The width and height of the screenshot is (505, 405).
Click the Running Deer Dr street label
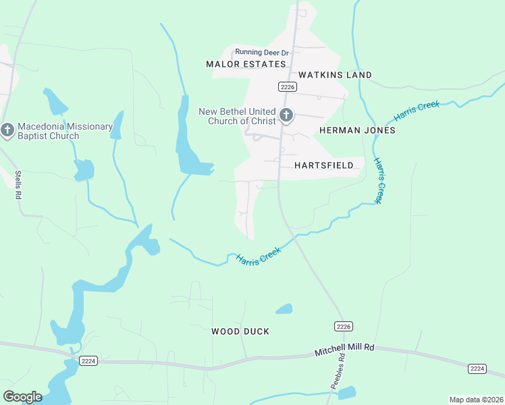[261, 52]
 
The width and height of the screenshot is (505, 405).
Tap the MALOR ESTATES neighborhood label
[246, 64]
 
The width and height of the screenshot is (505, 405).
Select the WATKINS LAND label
[335, 75]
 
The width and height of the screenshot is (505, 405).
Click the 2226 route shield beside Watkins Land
[288, 86]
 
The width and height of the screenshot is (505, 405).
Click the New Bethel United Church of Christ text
[237, 116]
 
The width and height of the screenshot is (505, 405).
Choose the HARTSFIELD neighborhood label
[325, 165]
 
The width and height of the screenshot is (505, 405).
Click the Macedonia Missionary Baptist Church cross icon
[7, 130]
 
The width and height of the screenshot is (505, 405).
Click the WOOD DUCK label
[240, 331]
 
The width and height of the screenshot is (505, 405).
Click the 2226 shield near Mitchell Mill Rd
[344, 327]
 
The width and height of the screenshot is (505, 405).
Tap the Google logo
[22, 397]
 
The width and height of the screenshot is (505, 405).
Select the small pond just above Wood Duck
[284, 309]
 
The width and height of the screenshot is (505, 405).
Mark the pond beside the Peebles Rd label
[346, 392]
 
